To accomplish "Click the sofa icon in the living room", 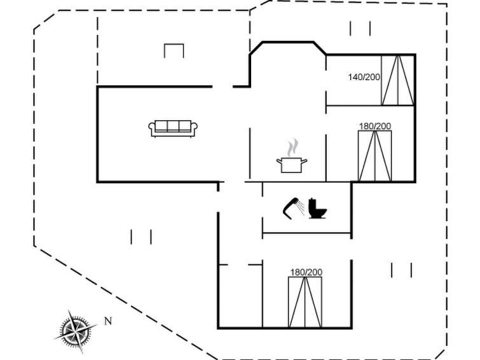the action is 173,128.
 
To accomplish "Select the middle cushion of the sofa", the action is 173,126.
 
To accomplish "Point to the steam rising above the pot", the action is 292,147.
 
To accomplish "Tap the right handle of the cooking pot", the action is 304,161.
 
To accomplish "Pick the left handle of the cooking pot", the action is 280,161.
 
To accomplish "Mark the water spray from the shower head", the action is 301,208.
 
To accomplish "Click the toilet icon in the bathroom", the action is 317,209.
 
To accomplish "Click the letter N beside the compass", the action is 108,321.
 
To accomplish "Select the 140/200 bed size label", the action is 364,77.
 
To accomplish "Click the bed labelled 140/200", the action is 398,80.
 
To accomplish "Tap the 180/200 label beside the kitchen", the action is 375,126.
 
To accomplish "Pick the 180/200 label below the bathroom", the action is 306,272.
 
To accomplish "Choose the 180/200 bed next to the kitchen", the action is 375,156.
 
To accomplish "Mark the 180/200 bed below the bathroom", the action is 305,302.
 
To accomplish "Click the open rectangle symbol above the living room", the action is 174,51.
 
